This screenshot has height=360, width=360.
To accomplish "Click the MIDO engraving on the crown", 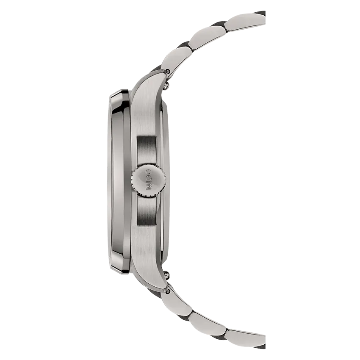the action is pyautogui.click(x=148, y=180).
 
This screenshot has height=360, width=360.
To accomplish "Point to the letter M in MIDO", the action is pyautogui.click(x=148, y=188).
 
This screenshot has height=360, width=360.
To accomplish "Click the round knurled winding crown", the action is pyautogui.click(x=148, y=180).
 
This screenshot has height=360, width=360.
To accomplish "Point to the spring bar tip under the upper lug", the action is pyautogui.click(x=166, y=86).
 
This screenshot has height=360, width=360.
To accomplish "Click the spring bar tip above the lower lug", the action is pyautogui.click(x=166, y=274).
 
